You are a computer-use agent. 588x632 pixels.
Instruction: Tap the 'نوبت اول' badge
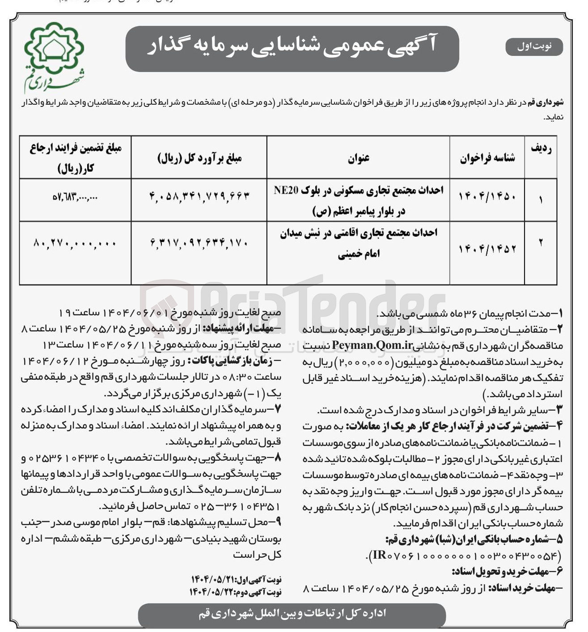534,47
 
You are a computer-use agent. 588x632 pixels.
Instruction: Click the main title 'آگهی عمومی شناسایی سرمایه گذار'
292,47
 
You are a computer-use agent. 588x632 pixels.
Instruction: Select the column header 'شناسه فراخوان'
487,157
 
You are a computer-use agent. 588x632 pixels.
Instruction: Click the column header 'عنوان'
358,157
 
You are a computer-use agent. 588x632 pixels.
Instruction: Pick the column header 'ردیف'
541,150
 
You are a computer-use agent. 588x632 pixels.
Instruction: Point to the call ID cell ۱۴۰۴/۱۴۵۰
487,197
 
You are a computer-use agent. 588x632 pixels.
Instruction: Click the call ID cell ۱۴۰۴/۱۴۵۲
487,249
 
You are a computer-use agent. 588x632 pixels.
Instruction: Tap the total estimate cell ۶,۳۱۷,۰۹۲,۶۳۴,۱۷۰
199,243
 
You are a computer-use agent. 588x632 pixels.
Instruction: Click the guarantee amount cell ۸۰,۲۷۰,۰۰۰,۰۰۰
75,243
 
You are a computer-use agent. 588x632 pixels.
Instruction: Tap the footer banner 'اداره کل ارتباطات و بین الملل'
292,614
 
